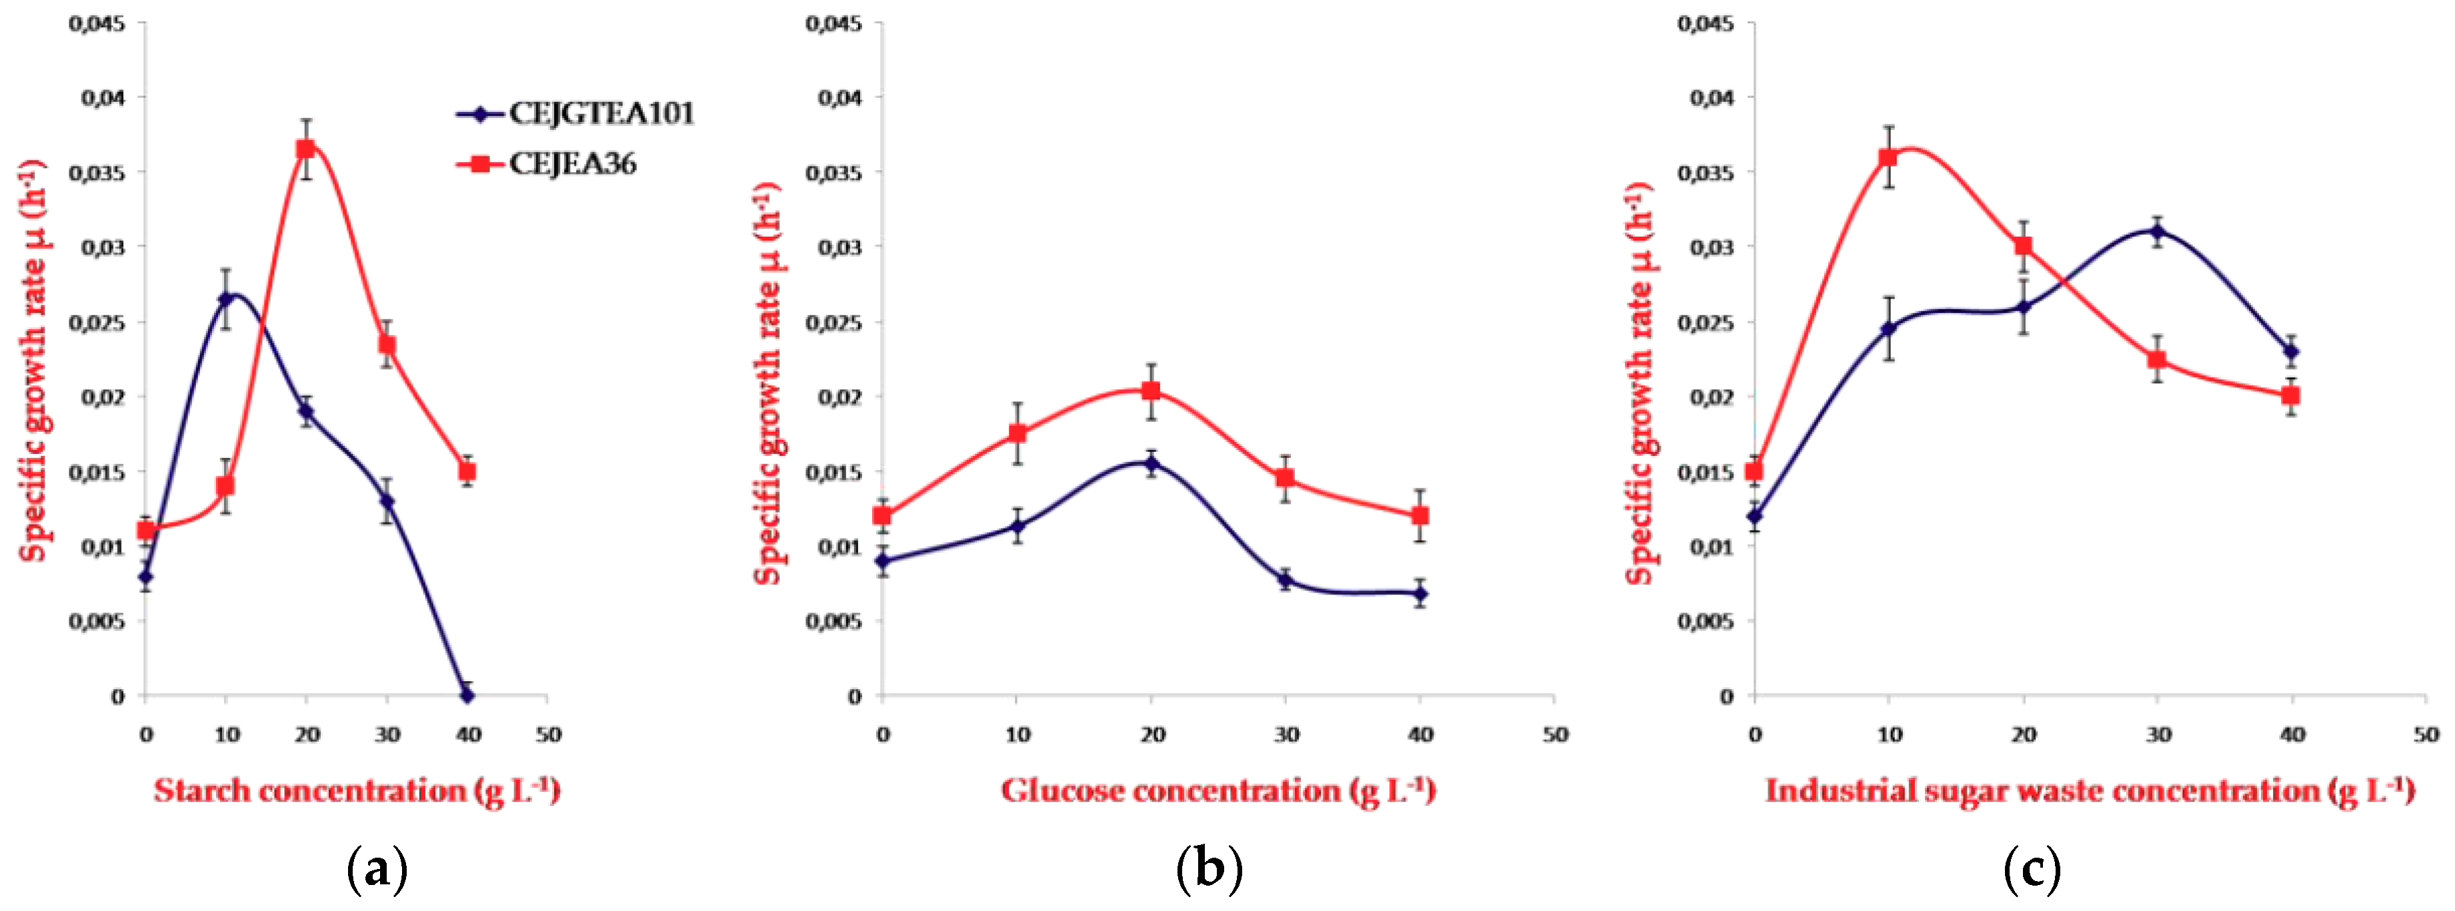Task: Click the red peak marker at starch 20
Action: click(306, 149)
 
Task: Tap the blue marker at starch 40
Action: click(467, 696)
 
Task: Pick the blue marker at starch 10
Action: click(226, 299)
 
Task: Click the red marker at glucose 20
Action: click(1151, 391)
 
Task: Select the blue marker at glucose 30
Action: click(1286, 579)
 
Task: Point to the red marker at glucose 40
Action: click(1420, 516)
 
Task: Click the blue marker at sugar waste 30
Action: click(2158, 231)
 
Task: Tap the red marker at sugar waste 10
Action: click(1889, 157)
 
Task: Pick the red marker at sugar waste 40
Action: click(2291, 395)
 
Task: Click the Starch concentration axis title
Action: click(357, 791)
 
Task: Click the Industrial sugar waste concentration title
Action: click(2089, 791)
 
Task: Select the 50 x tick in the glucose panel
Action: click(1556, 734)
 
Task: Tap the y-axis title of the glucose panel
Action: click(768, 381)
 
